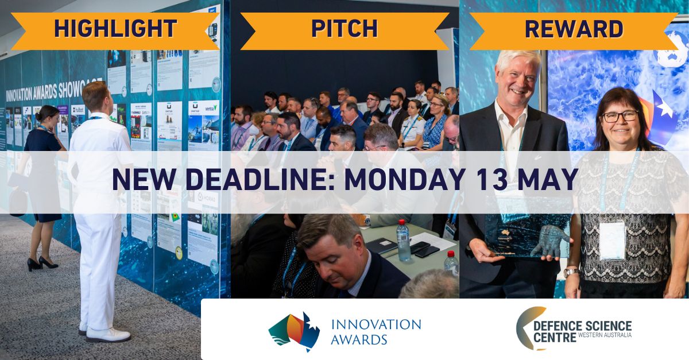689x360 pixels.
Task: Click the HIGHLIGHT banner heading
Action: (115, 29)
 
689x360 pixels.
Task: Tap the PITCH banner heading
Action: (344, 29)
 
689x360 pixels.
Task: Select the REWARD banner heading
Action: (574, 29)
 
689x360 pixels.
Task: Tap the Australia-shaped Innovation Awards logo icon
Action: (294, 331)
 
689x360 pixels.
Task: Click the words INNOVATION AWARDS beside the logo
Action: (376, 331)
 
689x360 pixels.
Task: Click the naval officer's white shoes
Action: (106, 333)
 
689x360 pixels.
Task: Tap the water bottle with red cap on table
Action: (403, 241)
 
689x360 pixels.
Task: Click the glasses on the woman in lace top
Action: (620, 116)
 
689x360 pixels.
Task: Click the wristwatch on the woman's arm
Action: (571, 272)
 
